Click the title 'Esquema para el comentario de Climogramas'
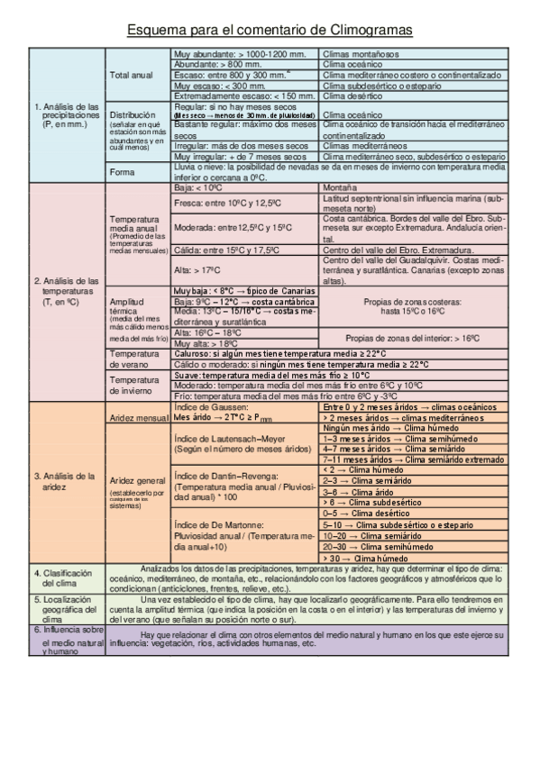(x=270, y=31)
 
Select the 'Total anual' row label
(x=131, y=75)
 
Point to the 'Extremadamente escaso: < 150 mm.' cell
(x=243, y=95)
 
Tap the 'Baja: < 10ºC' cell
(x=197, y=188)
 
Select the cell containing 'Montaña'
(x=338, y=188)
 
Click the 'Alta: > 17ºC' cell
(x=199, y=268)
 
